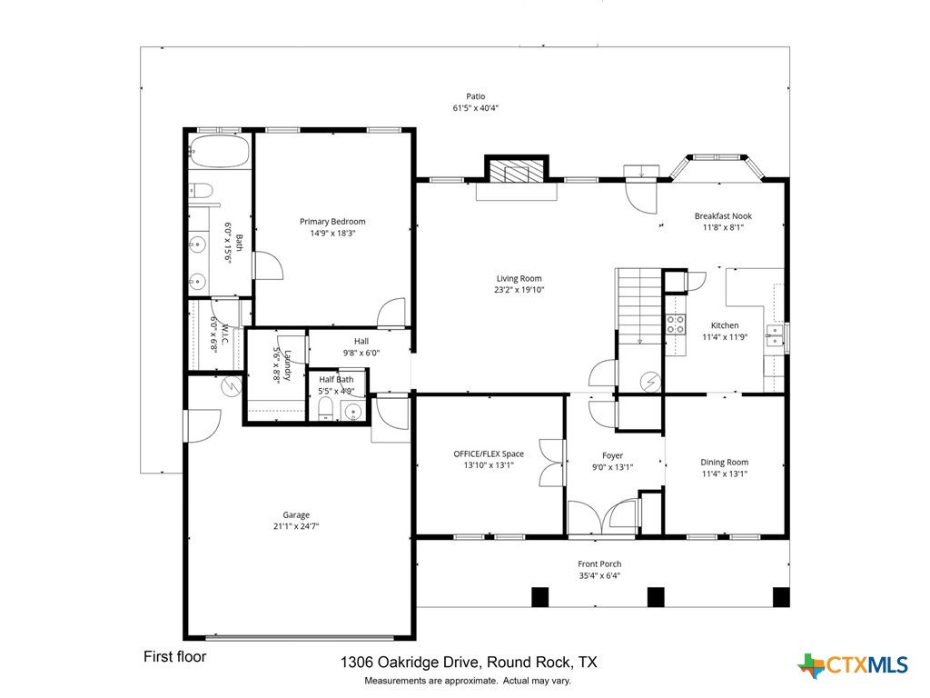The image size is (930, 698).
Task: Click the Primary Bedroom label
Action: coord(332,222)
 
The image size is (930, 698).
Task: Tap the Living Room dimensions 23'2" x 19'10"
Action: coord(519,290)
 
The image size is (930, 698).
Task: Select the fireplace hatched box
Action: coord(517,170)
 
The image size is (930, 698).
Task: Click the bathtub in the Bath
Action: coord(220,151)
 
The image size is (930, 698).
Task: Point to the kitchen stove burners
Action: coord(676,324)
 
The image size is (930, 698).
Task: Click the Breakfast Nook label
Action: coord(723,216)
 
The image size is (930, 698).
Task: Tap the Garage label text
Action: coord(296,515)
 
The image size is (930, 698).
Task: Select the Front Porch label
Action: coord(599,563)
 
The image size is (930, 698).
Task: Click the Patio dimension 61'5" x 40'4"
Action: coord(476,108)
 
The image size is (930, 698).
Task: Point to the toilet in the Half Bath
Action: coord(326,408)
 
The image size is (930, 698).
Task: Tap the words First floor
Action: coord(175,656)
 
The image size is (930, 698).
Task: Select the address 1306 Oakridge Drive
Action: coord(409,663)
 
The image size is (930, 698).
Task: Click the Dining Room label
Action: coord(724,462)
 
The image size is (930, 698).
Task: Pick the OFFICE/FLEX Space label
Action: coord(489,454)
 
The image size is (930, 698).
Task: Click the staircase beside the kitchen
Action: coord(639,306)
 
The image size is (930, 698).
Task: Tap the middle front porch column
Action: coord(656,596)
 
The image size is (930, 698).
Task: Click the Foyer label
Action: coord(613,456)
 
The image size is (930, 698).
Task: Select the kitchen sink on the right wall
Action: coord(774,334)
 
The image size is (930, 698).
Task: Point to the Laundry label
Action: coord(287,365)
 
